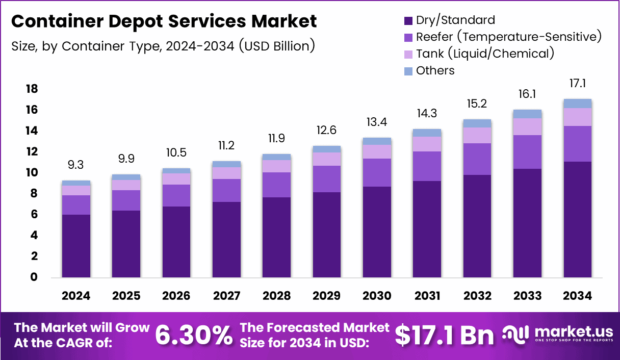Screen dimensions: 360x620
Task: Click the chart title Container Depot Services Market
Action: pyautogui.click(x=164, y=21)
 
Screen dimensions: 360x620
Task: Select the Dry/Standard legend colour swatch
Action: pyautogui.click(x=408, y=21)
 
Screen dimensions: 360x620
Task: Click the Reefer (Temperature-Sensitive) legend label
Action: pyautogui.click(x=508, y=37)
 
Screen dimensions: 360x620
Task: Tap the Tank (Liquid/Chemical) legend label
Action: pyautogui.click(x=484, y=54)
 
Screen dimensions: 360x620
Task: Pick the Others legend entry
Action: pyautogui.click(x=435, y=70)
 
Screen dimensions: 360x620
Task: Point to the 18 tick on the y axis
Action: pyautogui.click(x=32, y=89)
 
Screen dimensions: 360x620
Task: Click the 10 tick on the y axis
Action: pyautogui.click(x=32, y=173)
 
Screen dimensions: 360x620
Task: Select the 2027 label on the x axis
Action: pyautogui.click(x=226, y=296)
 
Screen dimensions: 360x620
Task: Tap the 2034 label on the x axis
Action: pyautogui.click(x=577, y=296)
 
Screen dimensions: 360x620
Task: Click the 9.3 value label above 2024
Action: pyautogui.click(x=76, y=165)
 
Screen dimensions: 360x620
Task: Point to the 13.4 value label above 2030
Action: pyautogui.click(x=377, y=122)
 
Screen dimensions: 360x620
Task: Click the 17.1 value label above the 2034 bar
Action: pyautogui.click(x=577, y=84)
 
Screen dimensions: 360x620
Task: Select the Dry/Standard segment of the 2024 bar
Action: pyautogui.click(x=76, y=246)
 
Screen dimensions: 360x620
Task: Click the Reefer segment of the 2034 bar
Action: pyautogui.click(x=577, y=144)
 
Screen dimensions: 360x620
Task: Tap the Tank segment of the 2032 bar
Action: pyautogui.click(x=477, y=135)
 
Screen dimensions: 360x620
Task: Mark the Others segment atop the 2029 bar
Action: pyautogui.click(x=326, y=149)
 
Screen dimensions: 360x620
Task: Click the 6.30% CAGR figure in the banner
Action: pyautogui.click(x=193, y=335)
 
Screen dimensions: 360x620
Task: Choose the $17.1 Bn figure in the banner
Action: pyautogui.click(x=444, y=335)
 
